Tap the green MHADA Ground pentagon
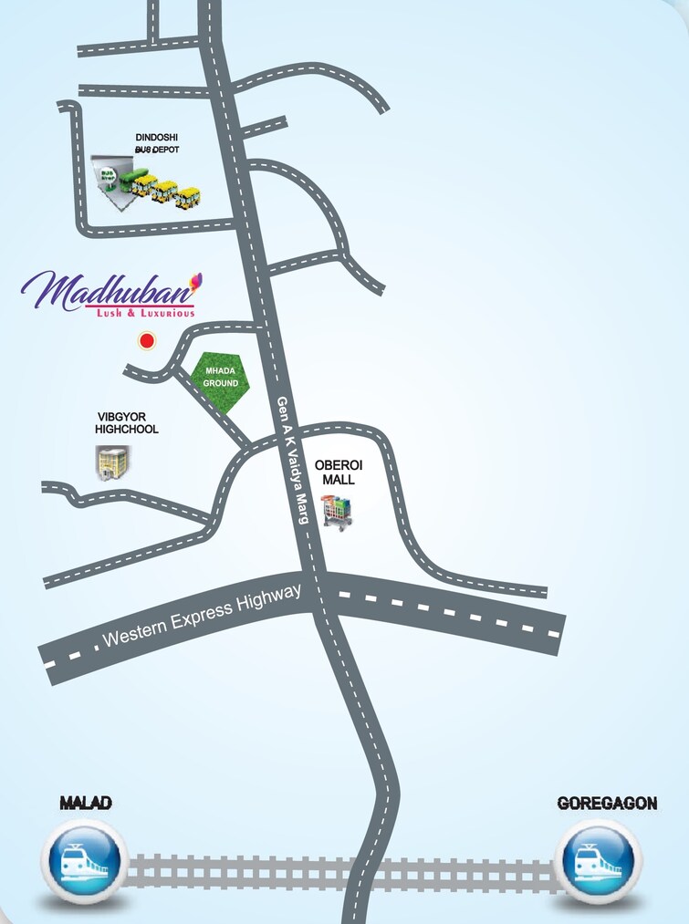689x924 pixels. tap(220, 378)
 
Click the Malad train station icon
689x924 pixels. tap(82, 861)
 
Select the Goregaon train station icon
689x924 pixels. tap(598, 861)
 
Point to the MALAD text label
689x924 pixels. tap(86, 804)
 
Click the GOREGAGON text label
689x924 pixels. tap(607, 804)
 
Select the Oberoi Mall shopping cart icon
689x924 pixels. tap(337, 512)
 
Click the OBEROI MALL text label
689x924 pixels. tap(334, 472)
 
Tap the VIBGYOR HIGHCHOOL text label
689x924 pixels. tap(128, 422)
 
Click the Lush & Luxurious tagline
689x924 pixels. tap(146, 313)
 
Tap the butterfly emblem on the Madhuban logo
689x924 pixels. tap(194, 279)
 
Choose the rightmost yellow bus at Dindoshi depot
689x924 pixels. tap(189, 196)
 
